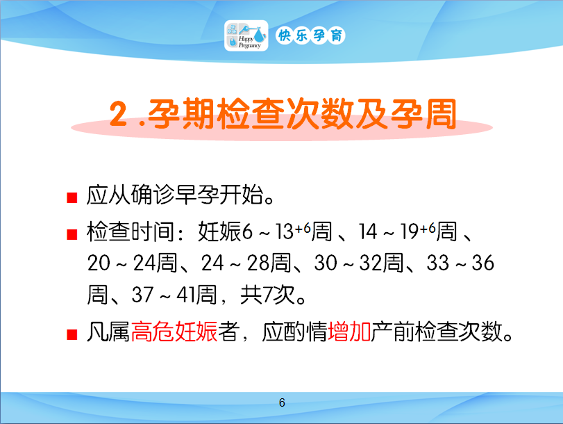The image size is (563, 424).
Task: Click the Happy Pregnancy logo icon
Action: coord(246,35)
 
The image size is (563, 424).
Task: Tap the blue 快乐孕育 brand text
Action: coord(310,35)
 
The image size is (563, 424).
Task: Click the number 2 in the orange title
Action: coord(119,114)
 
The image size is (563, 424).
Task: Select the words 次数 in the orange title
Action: coord(318,114)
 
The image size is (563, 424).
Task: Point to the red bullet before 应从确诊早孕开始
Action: coord(72,198)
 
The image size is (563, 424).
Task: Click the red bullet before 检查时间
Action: coord(72,234)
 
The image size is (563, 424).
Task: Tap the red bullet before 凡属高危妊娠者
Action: coord(72,334)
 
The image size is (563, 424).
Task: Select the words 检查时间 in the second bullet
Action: coord(131,231)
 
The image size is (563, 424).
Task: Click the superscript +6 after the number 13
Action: coord(303,228)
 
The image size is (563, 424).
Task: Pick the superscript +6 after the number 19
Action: coord(428,228)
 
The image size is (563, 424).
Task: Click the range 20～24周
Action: coord(132,263)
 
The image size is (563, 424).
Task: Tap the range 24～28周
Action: coord(246,263)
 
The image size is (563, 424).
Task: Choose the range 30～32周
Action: coord(359,263)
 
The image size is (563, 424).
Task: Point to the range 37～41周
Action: coord(174,295)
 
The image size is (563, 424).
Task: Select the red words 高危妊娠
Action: coord(174,332)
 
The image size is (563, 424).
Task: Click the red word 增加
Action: coord(349,332)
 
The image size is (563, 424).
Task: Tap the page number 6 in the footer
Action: coord(282,402)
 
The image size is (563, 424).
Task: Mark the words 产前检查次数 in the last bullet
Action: coord(437,332)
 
